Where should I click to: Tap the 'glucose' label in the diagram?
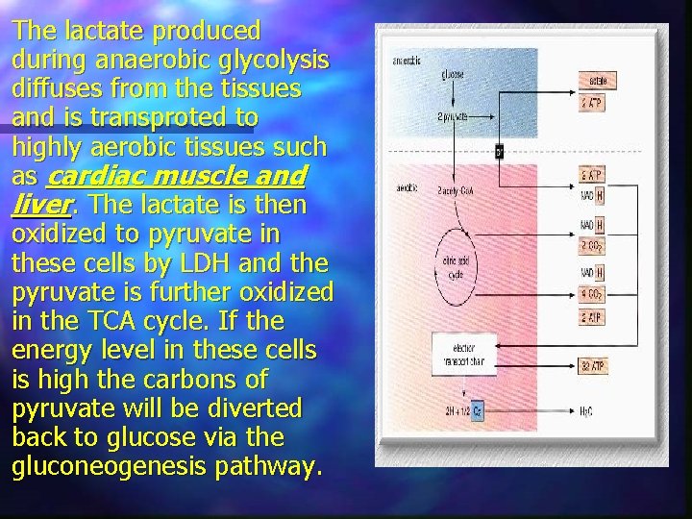pyautogui.click(x=453, y=74)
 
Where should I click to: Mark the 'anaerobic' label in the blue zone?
pyautogui.click(x=407, y=61)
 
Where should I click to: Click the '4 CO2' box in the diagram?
pyautogui.click(x=592, y=295)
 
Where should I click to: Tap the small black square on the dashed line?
pyautogui.click(x=500, y=150)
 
